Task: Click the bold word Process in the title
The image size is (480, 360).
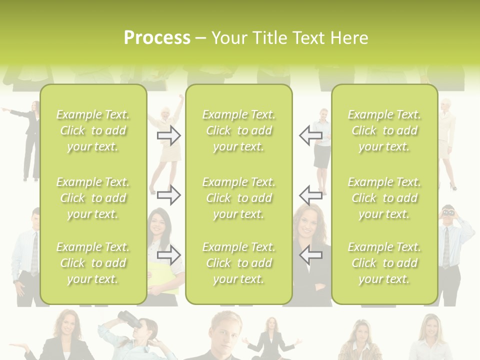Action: [x=157, y=38]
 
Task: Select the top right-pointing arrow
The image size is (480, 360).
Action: [x=168, y=135]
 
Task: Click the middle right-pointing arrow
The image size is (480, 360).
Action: [x=168, y=194]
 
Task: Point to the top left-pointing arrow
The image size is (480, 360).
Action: [x=310, y=135]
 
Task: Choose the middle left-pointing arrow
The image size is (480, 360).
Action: [x=310, y=194]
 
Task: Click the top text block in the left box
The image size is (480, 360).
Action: [x=93, y=130]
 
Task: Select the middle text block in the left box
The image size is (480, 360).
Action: [x=93, y=198]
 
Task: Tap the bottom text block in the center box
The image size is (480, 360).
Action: [x=238, y=263]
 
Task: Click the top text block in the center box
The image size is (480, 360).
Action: [x=238, y=130]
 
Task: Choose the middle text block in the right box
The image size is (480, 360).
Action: [x=384, y=198]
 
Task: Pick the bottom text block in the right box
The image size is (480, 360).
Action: [x=384, y=263]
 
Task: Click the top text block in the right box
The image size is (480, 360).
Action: [x=384, y=130]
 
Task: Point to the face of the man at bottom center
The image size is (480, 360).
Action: [x=226, y=332]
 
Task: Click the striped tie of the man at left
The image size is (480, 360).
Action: [x=34, y=252]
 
